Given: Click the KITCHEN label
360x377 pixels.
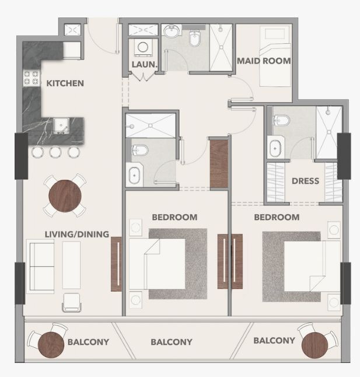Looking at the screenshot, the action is tap(65, 83).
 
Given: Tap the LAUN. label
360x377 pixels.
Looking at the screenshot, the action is tap(145, 64).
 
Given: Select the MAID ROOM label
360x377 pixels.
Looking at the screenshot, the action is tap(264, 61).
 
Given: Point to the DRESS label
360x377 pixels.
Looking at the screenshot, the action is tap(306, 181).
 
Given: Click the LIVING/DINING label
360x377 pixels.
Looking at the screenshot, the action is tap(77, 234).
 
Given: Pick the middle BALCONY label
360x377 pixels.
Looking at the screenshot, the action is tap(172, 342).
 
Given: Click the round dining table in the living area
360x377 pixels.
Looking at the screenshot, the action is tap(65, 196).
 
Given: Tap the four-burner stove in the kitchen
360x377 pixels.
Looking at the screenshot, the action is tap(32, 78).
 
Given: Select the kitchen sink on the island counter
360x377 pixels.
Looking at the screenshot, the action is tap(61, 125).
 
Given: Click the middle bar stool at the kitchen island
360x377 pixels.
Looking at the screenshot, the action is tap(55, 152).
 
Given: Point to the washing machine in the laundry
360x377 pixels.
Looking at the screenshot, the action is tap(143, 47).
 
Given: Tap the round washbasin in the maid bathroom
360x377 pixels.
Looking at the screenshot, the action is tap(172, 32).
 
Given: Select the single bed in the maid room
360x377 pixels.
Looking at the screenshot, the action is tap(275, 56).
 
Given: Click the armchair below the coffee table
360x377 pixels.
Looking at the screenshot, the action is tap(72, 302).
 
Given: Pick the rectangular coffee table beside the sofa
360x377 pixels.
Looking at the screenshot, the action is tap(71, 265).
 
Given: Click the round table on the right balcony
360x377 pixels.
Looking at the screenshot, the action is tap(314, 345).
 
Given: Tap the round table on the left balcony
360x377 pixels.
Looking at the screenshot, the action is tap(51, 345).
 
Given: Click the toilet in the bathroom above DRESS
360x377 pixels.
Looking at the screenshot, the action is tap(282, 120).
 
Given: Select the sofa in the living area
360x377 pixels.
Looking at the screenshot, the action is tap(40, 266).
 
